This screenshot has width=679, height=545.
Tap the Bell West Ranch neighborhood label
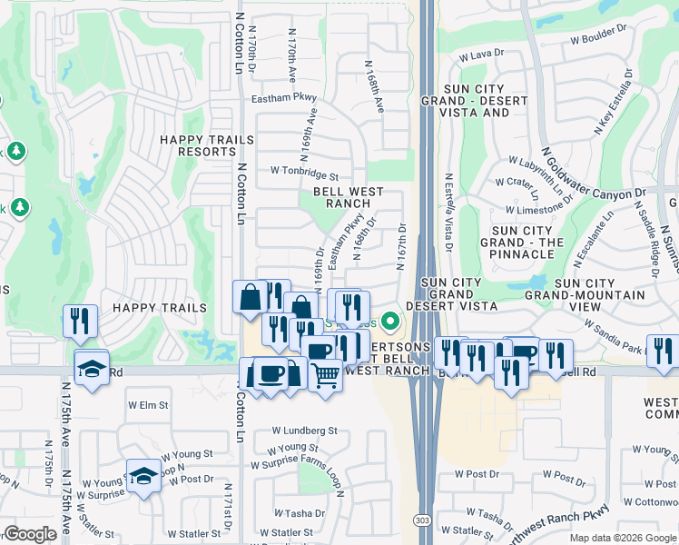coord(348,197)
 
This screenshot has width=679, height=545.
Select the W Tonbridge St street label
coord(304,171)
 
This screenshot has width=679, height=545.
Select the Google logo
coord(30,534)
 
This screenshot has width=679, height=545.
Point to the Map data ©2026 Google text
coord(623,538)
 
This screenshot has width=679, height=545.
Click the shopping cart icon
coord(325,373)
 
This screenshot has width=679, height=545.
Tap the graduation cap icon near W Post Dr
coord(143,476)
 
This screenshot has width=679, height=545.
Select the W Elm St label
coord(149,405)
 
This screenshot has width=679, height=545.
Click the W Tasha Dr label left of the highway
coord(298,513)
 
